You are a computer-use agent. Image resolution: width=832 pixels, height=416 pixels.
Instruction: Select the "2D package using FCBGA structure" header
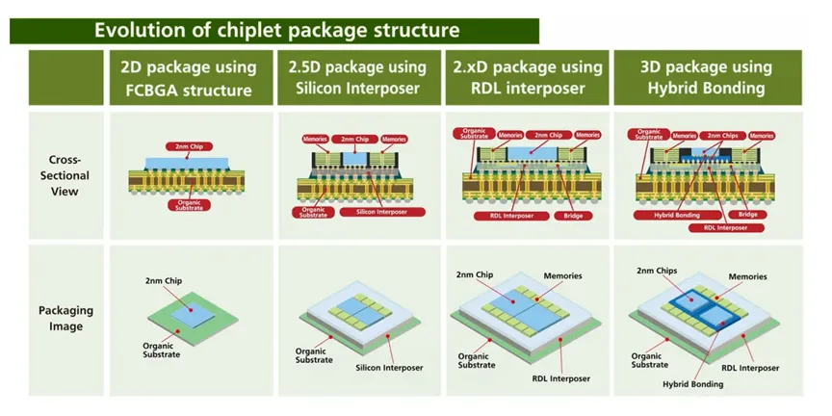pos(189,78)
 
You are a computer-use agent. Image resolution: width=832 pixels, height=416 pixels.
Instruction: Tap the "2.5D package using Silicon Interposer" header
pos(356,78)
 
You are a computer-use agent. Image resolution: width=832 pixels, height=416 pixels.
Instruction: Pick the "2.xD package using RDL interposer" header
pos(528,78)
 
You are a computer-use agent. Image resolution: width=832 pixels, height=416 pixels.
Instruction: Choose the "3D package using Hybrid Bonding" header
pos(706,78)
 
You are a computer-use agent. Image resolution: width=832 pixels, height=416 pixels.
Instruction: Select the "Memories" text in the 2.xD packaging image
pos(561,276)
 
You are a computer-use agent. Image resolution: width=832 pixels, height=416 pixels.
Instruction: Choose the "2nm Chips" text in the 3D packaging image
pos(658,272)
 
